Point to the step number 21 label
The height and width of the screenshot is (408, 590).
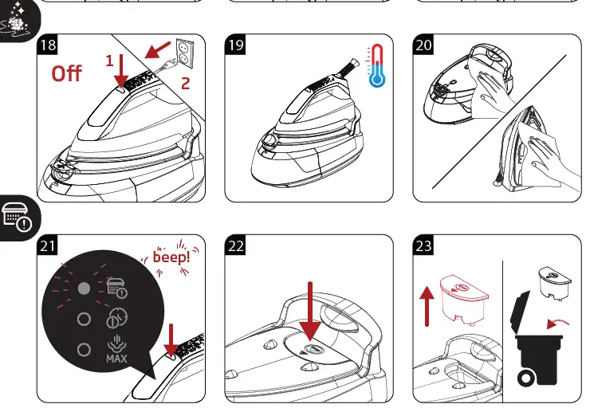(47, 246)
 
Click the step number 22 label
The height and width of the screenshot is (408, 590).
(235, 246)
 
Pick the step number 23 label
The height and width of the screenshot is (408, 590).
(423, 246)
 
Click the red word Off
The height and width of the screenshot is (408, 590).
(67, 73)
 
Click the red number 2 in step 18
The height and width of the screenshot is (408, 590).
(186, 82)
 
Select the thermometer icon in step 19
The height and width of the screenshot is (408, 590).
(376, 67)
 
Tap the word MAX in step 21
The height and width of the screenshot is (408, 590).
(116, 359)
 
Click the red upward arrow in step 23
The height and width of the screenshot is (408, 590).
(427, 307)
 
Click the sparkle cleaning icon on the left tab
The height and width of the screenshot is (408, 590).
(18, 23)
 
